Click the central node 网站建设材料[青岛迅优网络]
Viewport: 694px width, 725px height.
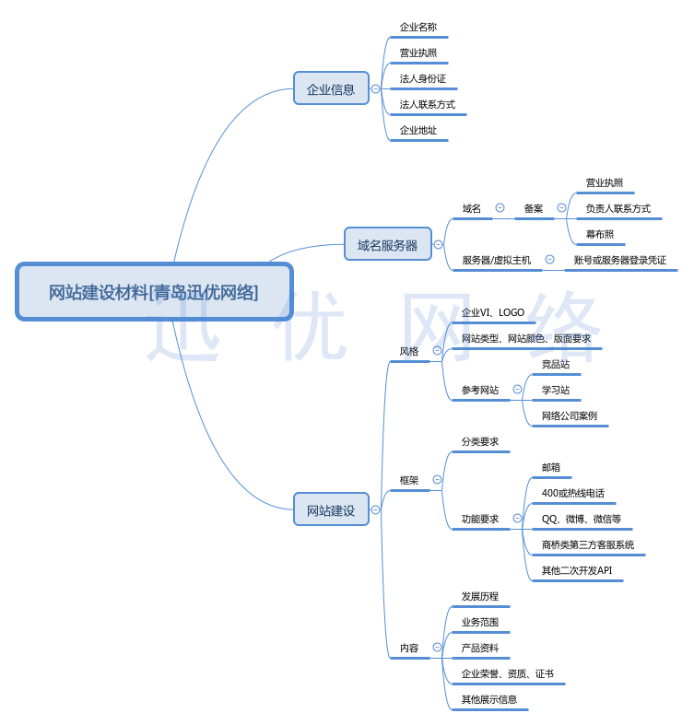tap(154, 292)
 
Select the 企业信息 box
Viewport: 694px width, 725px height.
tap(331, 88)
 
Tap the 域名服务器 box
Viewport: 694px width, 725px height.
tap(387, 244)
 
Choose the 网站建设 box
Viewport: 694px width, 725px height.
tap(331, 509)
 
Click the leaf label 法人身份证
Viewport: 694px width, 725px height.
tap(422, 79)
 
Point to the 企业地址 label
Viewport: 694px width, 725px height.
tap(418, 131)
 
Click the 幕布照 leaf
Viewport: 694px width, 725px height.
tap(600, 234)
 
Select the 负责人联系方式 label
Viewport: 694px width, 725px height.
tap(618, 208)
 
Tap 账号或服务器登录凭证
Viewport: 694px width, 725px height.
tap(619, 261)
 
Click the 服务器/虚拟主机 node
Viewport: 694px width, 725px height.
tap(496, 261)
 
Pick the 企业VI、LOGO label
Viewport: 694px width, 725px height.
tap(493, 312)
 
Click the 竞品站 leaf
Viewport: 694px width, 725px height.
tap(556, 364)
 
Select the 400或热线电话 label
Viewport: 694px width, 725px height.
tap(572, 493)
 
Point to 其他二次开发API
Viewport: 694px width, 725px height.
tap(576, 570)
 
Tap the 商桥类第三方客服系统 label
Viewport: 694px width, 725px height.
tap(587, 544)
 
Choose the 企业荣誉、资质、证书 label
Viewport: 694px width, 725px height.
tap(507, 673)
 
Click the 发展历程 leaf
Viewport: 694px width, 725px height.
tap(479, 596)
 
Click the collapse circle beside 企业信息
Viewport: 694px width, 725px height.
tap(375, 89)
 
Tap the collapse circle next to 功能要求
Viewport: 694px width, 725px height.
tap(517, 519)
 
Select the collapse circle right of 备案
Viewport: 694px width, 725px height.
tap(561, 208)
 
